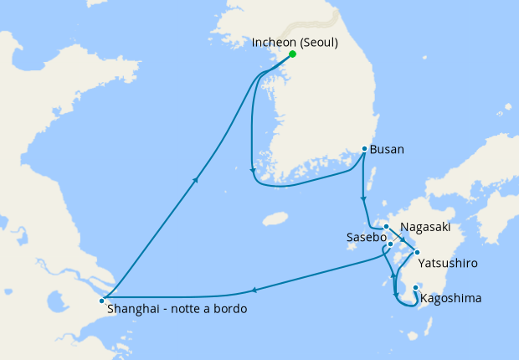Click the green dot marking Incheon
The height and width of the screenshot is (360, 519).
click(x=292, y=54)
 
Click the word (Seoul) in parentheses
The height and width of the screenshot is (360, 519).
click(x=319, y=41)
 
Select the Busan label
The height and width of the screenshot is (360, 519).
click(x=388, y=150)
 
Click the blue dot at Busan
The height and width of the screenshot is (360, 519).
click(x=364, y=149)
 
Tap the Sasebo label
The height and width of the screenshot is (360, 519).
click(x=366, y=238)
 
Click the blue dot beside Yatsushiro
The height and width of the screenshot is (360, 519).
click(x=417, y=251)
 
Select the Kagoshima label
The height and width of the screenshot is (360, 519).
click(x=452, y=297)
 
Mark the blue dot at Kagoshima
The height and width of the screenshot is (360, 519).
click(x=415, y=290)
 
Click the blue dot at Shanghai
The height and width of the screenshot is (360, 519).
click(x=101, y=301)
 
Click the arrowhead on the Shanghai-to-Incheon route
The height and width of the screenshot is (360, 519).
click(x=196, y=178)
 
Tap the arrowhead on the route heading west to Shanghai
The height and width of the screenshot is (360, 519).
click(x=254, y=291)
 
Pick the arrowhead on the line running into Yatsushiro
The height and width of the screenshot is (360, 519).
click(x=402, y=239)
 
